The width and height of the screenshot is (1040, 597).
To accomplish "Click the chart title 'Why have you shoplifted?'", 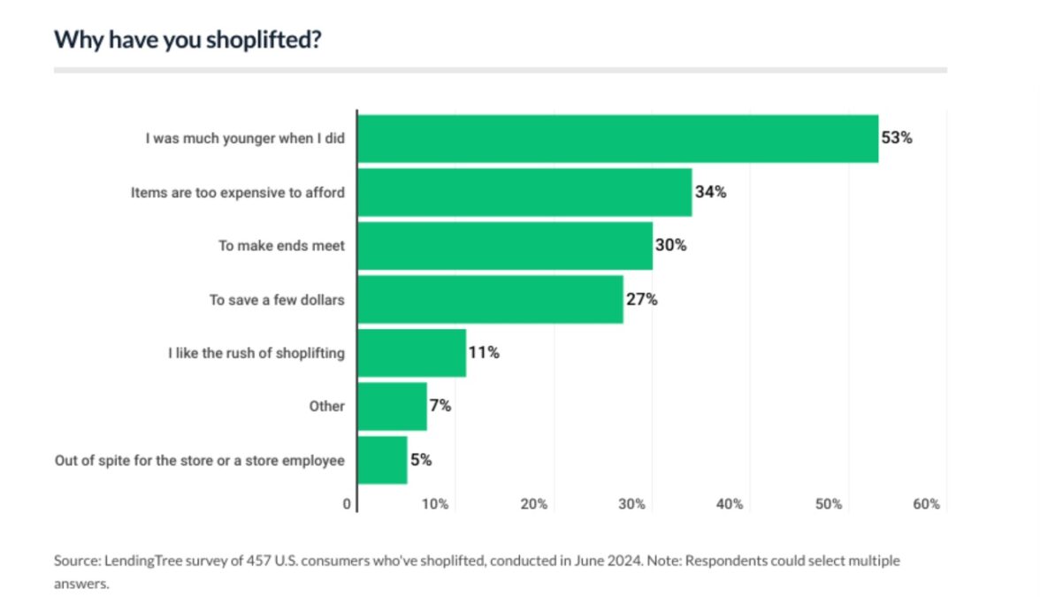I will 187,40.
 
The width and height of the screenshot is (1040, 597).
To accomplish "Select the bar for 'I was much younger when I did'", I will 617,139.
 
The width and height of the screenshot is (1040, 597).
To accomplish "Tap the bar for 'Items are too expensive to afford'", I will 524,192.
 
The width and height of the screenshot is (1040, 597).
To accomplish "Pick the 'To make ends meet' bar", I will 505,246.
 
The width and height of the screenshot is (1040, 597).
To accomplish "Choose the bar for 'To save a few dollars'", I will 490,299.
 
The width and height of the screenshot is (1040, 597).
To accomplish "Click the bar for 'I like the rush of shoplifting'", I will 411,353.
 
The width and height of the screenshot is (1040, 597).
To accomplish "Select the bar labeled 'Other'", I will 392,406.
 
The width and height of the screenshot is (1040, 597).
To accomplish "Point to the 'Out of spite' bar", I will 382,460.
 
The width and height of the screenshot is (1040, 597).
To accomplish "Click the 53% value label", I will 895,138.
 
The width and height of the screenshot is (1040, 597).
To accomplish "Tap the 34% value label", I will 710,192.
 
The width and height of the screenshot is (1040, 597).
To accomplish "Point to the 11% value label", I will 484,353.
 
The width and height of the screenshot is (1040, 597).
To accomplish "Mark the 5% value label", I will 421,460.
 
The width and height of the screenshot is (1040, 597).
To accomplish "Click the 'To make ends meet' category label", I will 281,246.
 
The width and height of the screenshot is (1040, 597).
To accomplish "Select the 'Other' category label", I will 326,406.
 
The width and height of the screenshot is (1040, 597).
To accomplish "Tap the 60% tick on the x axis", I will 926,504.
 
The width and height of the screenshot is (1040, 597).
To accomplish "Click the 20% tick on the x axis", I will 533,504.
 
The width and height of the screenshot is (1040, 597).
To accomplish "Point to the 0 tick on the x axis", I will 347,504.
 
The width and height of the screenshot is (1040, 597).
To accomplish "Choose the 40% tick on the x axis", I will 730,504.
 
